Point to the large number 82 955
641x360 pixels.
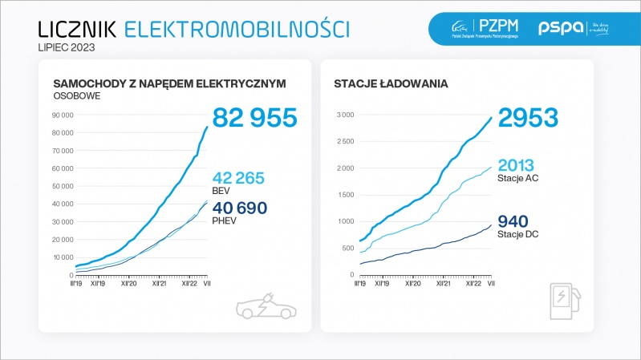[255, 118]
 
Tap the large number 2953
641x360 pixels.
[528, 118]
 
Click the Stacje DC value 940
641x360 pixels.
[513, 221]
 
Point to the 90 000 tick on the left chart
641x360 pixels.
[62, 115]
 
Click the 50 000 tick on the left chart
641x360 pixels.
[62, 186]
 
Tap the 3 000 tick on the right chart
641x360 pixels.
[344, 115]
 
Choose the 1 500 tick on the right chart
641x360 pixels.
[344, 195]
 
